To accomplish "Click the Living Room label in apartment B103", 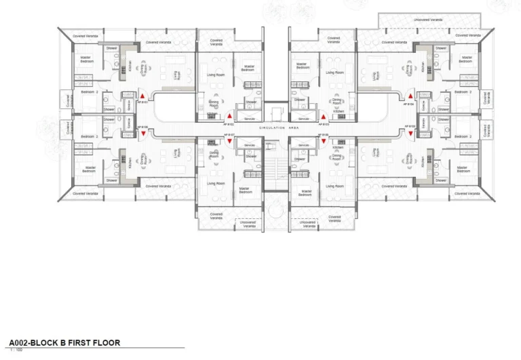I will pos(334,73).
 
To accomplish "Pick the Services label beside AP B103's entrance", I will pos(305,118).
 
